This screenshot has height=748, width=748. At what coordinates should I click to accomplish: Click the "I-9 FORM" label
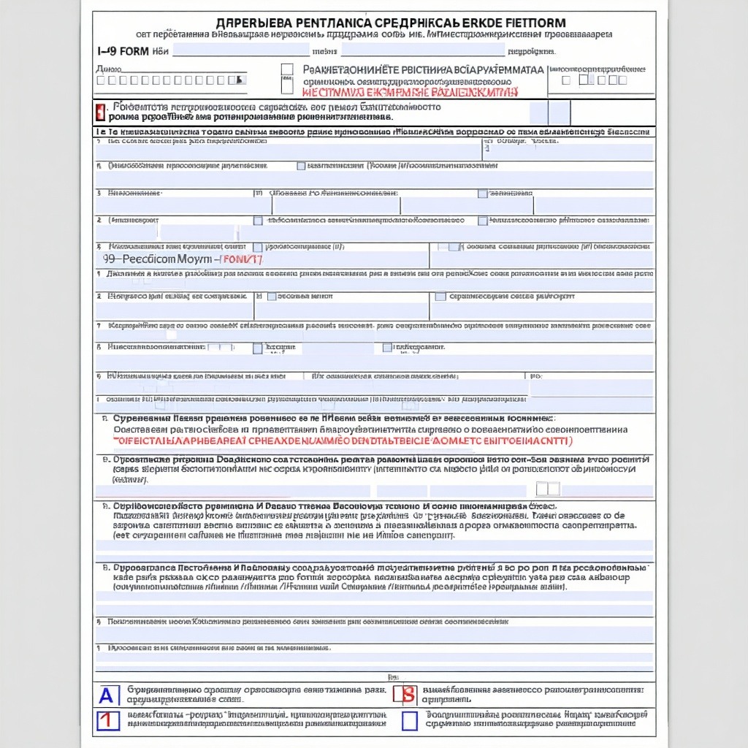[x=123, y=52]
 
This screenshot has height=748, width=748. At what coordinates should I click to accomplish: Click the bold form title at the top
[x=390, y=23]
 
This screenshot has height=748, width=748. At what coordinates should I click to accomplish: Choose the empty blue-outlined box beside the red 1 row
[x=409, y=720]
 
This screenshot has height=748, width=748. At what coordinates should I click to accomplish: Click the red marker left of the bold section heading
[x=100, y=112]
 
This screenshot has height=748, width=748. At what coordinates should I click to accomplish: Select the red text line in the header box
[x=410, y=93]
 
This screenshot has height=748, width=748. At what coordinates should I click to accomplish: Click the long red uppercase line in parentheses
[x=343, y=441]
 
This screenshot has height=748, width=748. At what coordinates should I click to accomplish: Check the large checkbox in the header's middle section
[x=287, y=70]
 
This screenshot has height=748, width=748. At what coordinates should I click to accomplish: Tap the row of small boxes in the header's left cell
[x=172, y=80]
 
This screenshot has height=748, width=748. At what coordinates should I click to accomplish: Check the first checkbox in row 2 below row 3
[x=258, y=220]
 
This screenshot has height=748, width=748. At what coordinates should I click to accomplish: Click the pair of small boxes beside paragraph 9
[x=548, y=489]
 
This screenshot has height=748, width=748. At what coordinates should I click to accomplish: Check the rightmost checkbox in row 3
[x=482, y=194]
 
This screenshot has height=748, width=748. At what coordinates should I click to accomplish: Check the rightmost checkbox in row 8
[x=387, y=348]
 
